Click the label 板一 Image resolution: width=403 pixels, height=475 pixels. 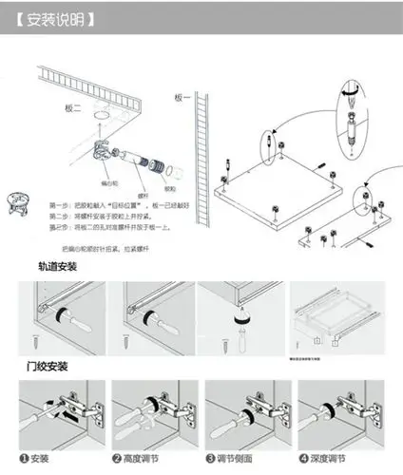pyautogui.click(x=183, y=98)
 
